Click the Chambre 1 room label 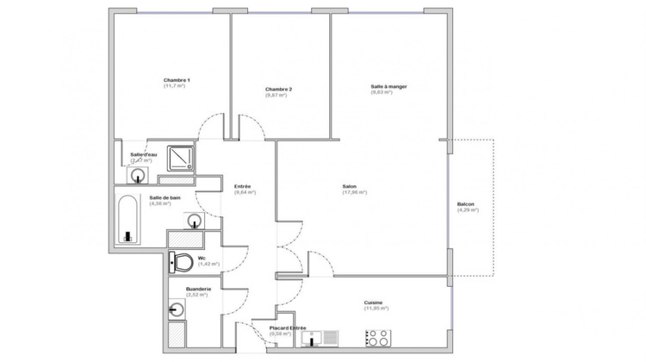(x=177, y=80)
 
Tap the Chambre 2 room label (x=278, y=90)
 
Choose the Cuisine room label (x=373, y=303)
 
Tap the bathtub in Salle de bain (x=128, y=220)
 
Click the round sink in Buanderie (x=177, y=309)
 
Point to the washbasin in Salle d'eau (x=138, y=175)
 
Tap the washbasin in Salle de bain (x=195, y=221)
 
